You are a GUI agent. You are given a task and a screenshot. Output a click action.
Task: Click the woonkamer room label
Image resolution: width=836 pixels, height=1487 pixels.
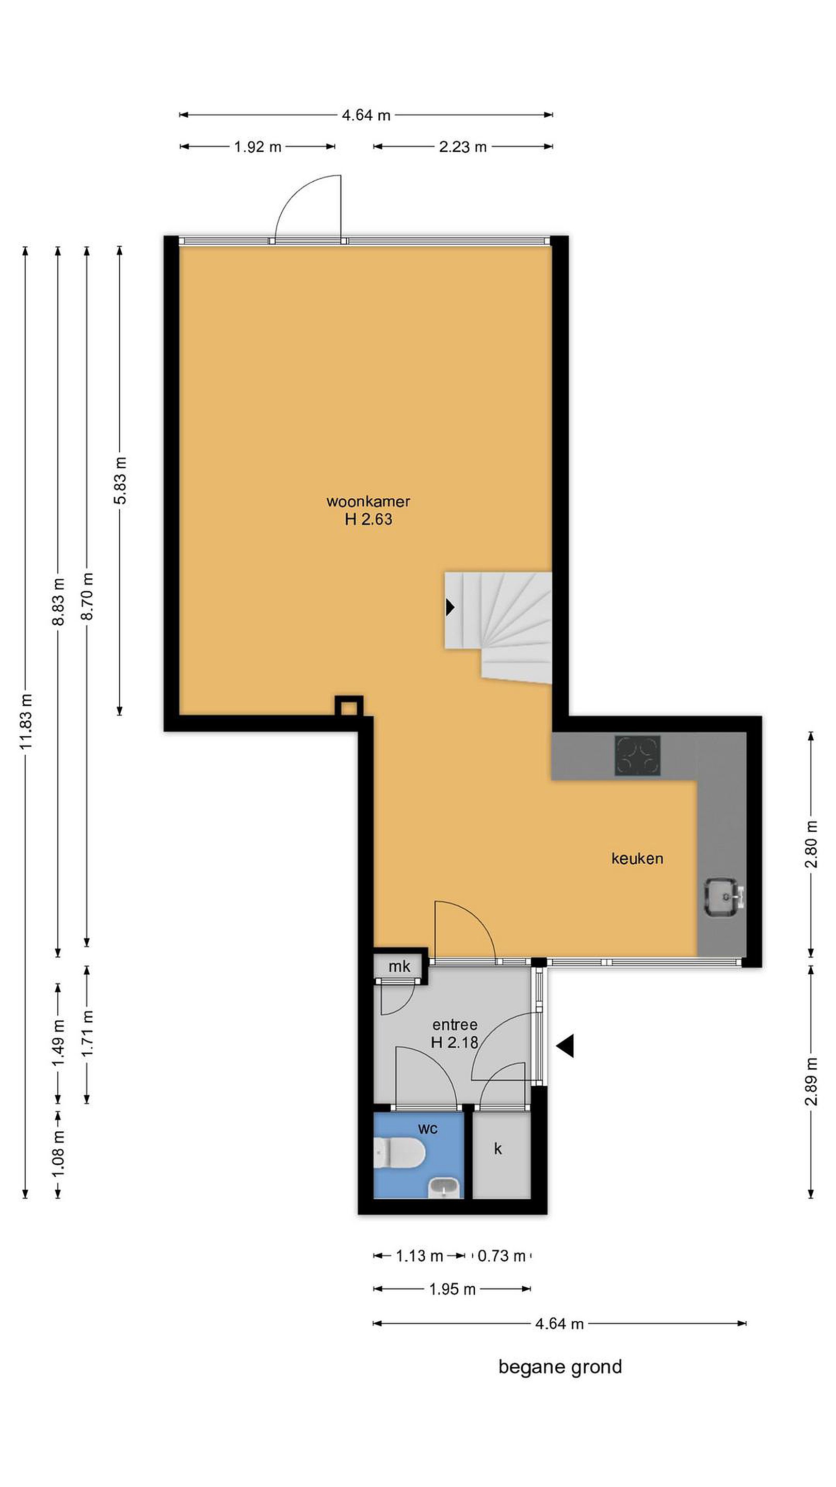point(368,501)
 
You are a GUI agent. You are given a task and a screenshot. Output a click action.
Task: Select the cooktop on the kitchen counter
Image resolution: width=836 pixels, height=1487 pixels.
point(637,755)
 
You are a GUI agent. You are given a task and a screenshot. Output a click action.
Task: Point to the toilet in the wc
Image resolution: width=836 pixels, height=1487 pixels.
point(399,1153)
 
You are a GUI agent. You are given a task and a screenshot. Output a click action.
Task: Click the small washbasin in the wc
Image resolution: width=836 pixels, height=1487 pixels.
point(444,1187)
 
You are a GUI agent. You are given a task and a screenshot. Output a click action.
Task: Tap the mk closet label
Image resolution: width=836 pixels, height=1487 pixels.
point(399,967)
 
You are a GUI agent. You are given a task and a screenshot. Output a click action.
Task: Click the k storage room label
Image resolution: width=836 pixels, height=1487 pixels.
point(498,1149)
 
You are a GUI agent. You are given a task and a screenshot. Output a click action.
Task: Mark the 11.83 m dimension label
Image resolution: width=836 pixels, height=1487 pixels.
point(25,722)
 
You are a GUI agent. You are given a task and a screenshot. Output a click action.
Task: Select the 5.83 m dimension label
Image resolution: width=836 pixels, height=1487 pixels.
point(119,480)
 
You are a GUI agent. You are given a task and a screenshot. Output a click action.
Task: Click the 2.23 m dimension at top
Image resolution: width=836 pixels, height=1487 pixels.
point(463,147)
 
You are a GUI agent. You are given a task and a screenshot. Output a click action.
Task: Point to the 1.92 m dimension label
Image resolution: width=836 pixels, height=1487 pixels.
point(258,147)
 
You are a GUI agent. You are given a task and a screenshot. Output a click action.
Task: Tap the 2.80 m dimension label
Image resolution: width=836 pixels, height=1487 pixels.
point(811,844)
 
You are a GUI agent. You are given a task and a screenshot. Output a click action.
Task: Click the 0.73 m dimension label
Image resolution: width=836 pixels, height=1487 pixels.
point(502,1256)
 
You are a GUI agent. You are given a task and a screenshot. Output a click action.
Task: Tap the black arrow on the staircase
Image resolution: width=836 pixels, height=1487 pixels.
point(450,607)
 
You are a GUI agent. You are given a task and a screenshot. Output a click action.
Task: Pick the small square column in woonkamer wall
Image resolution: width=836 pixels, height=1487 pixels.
point(349,705)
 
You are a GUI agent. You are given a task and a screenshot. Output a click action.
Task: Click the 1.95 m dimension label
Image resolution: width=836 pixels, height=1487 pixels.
point(453,1289)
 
